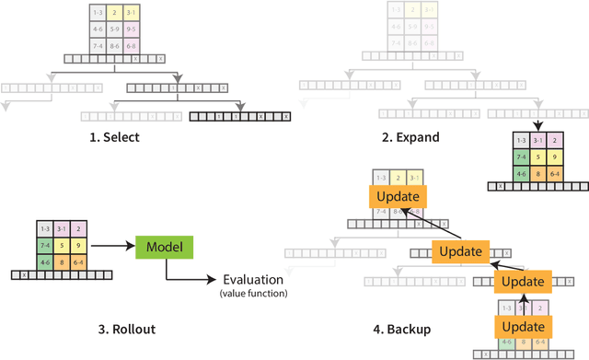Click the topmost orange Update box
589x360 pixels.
(x=395, y=196)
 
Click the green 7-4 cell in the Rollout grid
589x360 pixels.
(x=45, y=245)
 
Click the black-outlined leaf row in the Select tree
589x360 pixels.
(x=239, y=116)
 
